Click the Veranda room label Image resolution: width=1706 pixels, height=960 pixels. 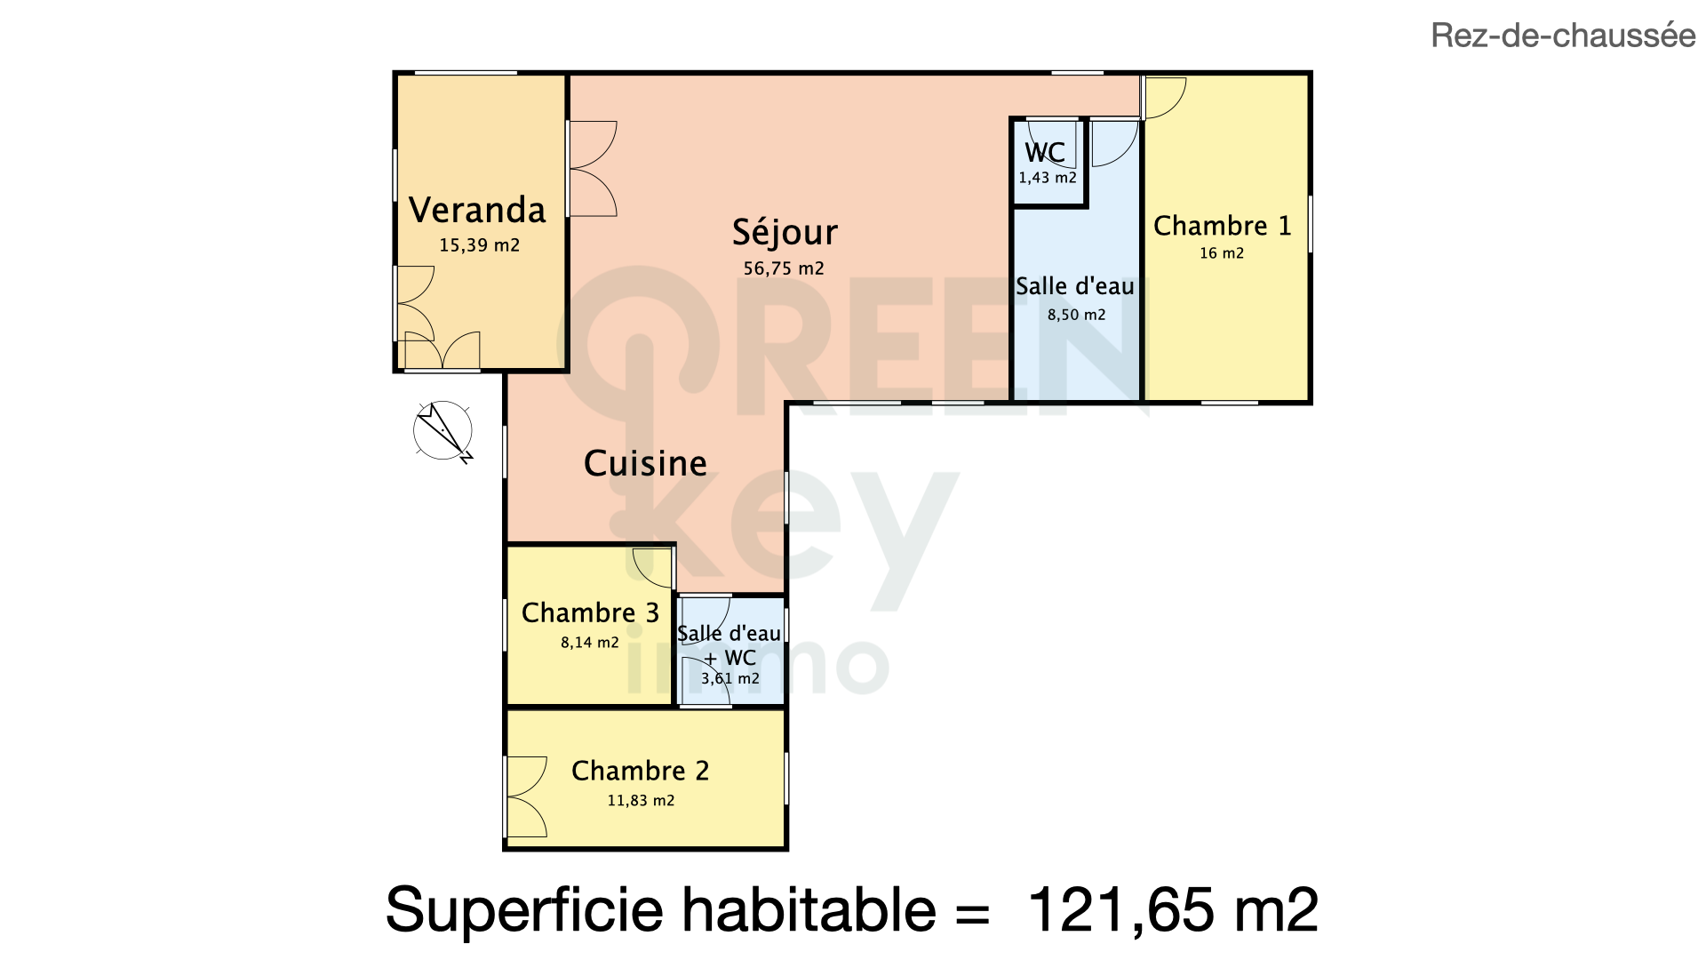point(477,211)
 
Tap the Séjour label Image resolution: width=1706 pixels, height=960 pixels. point(785,233)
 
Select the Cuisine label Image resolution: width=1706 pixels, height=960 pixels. point(645,463)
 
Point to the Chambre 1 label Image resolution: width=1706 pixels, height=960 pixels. point(1222,226)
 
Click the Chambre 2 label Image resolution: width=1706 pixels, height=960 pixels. point(640,771)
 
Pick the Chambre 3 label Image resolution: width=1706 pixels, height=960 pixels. point(590,612)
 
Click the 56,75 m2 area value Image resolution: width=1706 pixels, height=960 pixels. point(784,268)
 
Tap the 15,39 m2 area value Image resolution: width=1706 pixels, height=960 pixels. point(479,245)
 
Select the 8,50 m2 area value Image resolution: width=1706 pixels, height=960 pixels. point(1076,315)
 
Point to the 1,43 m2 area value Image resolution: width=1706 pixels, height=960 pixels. point(1048,178)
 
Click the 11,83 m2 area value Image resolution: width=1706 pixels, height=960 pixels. point(641,801)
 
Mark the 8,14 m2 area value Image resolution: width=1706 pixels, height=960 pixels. point(590,643)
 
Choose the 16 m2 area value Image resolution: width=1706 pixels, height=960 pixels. point(1222,253)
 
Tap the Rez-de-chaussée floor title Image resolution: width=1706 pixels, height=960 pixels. point(1563,36)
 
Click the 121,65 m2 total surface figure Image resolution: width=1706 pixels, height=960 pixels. point(1173,910)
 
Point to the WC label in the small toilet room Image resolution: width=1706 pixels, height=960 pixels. point(1045,152)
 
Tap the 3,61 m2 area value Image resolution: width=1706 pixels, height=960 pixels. point(730,679)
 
